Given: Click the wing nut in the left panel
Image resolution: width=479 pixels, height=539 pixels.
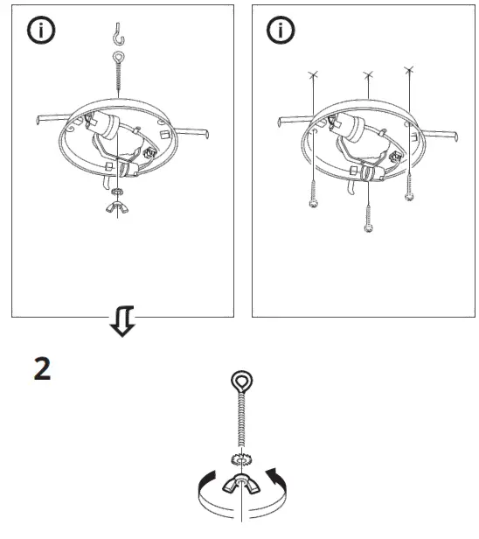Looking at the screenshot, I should pos(117,206).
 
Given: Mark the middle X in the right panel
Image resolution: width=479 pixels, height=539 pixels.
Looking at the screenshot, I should pos(367,77).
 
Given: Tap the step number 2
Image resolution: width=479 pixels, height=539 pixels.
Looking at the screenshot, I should pos(42,368).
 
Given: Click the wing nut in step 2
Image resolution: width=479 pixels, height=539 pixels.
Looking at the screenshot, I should pos(240,484).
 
